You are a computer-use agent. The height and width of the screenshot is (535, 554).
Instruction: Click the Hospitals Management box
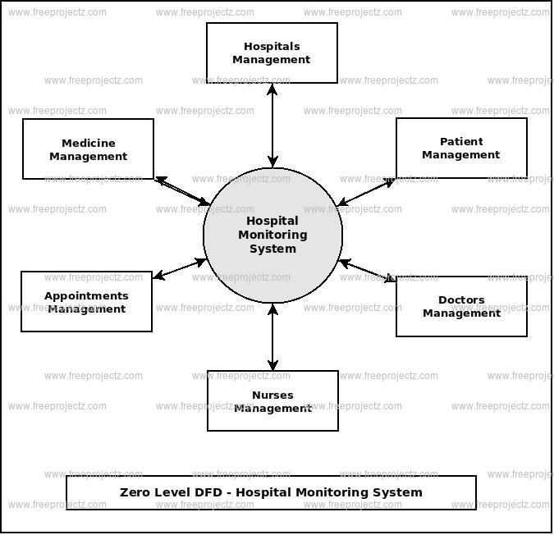[x=272, y=53]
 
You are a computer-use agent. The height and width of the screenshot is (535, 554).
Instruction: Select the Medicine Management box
[x=88, y=149]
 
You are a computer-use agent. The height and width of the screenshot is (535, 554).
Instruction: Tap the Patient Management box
[x=461, y=149]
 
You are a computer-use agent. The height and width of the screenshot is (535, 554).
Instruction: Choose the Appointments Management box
[x=86, y=302]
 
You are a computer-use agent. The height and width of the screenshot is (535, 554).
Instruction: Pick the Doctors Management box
[x=461, y=306]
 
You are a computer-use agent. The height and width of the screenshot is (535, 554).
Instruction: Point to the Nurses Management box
[x=272, y=400]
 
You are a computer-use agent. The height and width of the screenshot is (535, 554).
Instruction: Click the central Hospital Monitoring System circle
[x=272, y=235]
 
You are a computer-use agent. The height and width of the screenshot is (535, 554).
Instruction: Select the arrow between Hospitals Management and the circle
[x=272, y=125]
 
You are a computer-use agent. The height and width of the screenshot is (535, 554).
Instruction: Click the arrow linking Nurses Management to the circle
[x=272, y=336]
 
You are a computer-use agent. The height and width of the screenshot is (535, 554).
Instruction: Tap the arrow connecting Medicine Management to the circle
[x=182, y=191]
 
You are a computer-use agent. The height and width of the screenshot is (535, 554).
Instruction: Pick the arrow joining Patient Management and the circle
[x=367, y=192]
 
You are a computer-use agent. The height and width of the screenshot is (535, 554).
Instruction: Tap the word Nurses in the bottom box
[x=272, y=395]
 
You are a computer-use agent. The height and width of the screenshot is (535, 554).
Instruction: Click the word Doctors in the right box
[x=461, y=300]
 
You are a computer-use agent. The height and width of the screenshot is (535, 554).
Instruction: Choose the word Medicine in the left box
[x=88, y=143]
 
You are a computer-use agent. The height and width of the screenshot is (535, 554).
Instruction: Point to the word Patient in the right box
[x=461, y=141]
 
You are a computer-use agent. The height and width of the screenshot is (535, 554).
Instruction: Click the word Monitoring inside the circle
[x=272, y=235]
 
